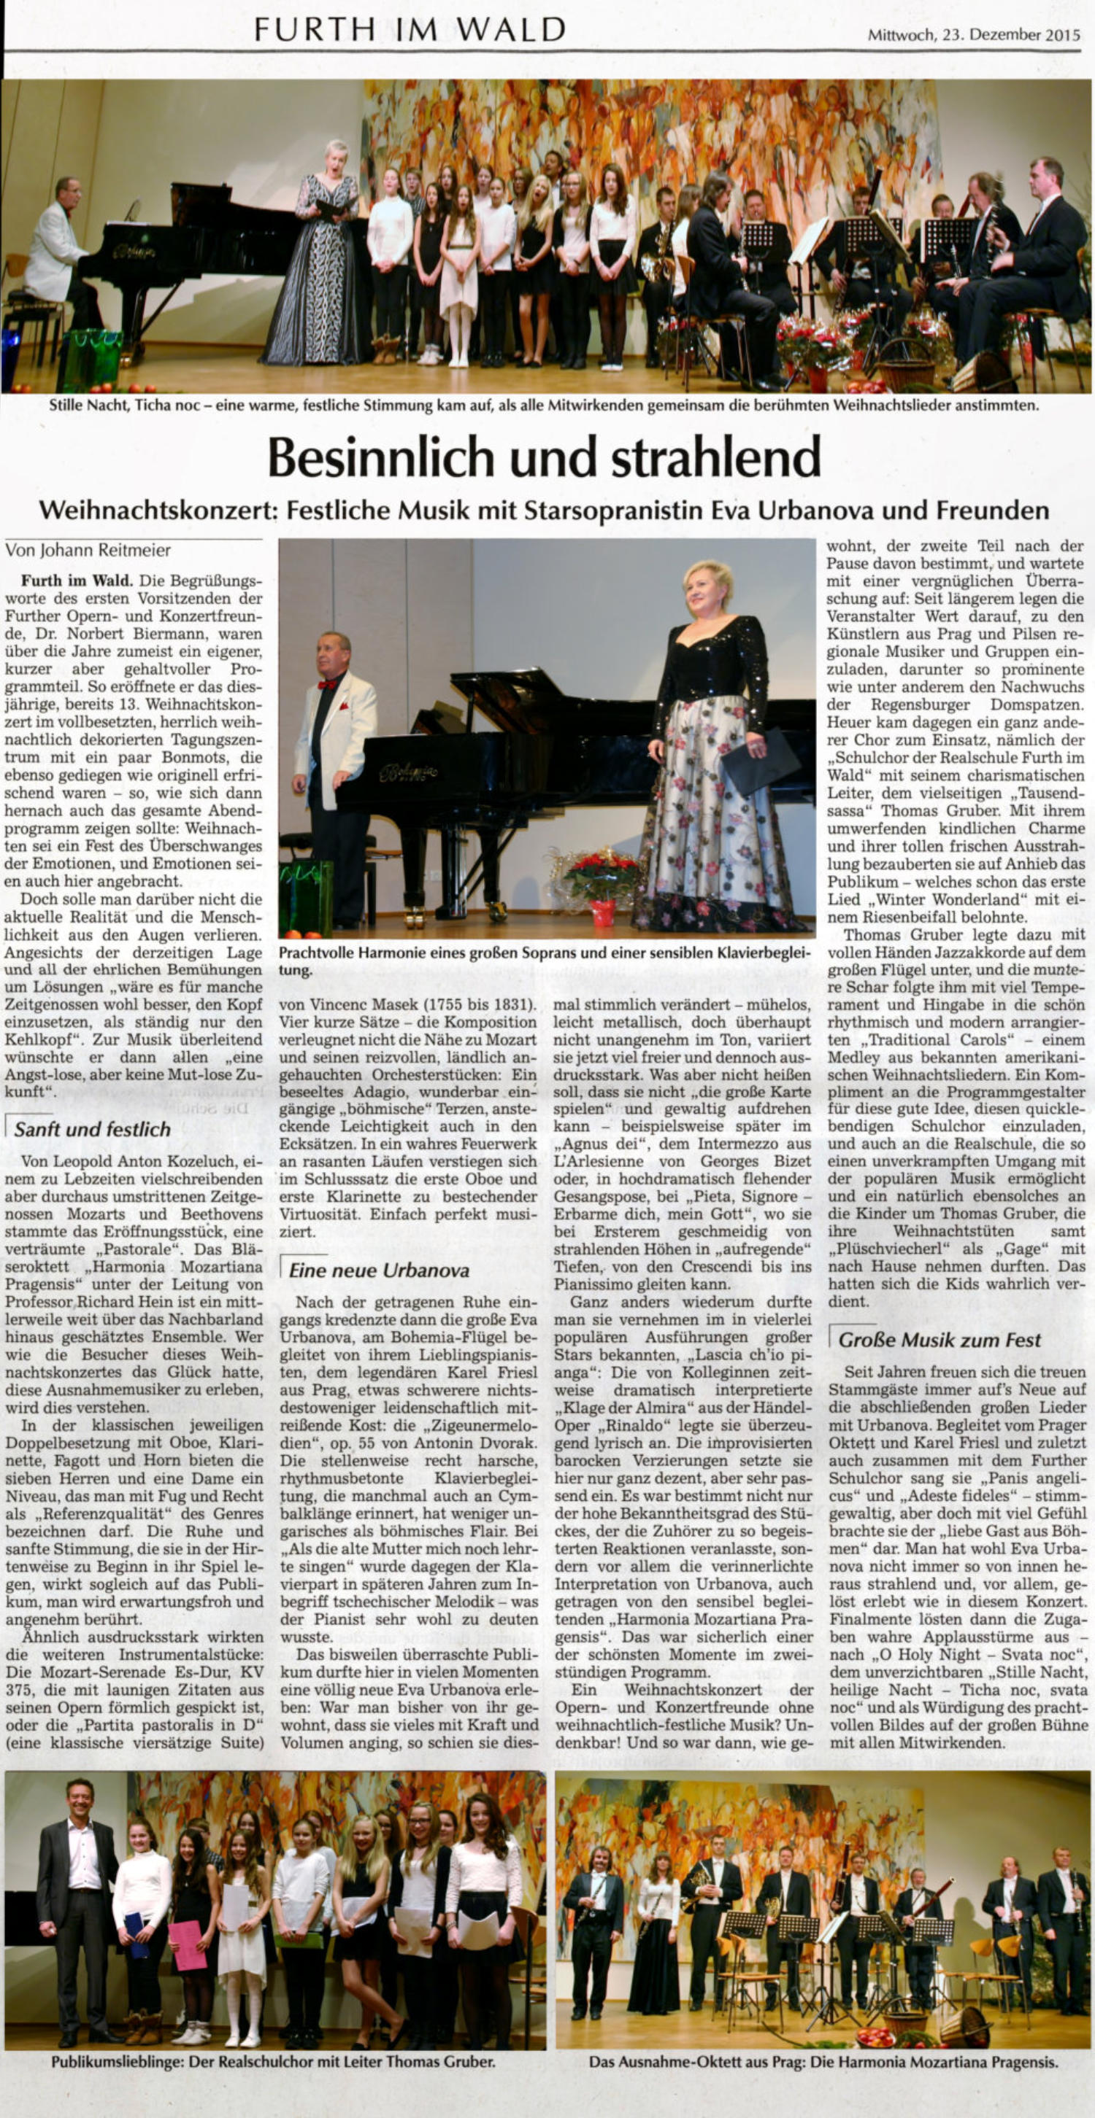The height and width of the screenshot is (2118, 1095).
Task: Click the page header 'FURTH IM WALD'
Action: (x=410, y=30)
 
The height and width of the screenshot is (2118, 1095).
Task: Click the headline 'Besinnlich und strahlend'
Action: (x=545, y=457)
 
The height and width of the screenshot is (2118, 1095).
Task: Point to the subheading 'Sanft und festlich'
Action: (x=92, y=1129)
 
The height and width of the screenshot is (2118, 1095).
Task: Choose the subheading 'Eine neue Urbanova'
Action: (x=378, y=1270)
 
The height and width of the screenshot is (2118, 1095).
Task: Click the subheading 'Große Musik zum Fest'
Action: (x=939, y=1339)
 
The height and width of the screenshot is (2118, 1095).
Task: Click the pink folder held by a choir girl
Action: (x=188, y=1944)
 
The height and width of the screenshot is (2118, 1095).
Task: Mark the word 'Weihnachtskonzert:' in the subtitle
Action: (x=155, y=511)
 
